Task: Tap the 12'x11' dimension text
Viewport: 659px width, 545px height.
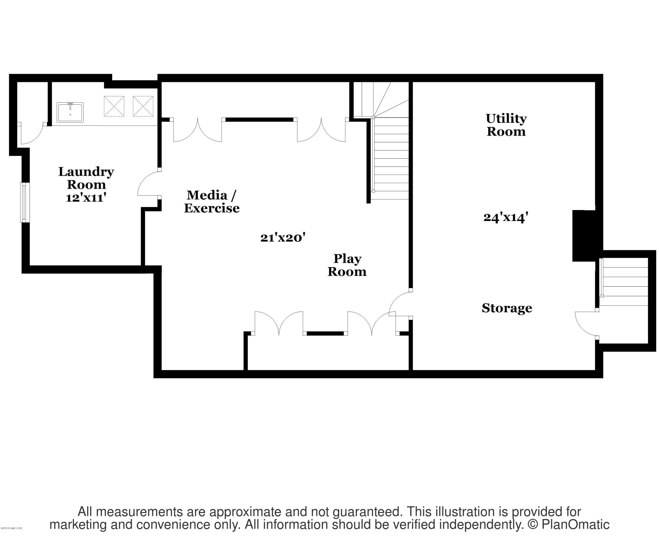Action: pos(86,198)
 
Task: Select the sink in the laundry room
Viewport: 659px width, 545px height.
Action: pos(70,112)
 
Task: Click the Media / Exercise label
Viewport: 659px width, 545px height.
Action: pos(212,201)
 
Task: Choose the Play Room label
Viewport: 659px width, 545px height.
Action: pos(347,265)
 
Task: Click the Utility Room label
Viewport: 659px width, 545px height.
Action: pos(506,125)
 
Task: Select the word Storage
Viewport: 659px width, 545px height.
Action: pos(507,308)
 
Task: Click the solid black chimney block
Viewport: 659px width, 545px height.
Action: pos(584,235)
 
